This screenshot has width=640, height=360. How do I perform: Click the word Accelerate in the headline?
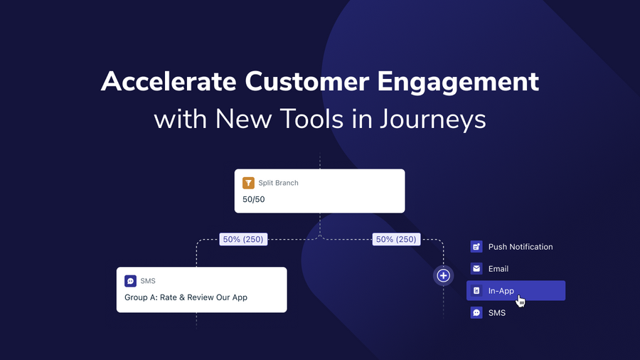pos(169,82)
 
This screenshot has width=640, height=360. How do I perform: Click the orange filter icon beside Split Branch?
pos(248,183)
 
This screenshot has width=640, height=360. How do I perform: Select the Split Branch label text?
pos(278,183)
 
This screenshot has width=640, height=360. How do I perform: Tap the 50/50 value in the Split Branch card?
pos(255,199)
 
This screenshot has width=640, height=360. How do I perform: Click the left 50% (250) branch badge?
pos(243,240)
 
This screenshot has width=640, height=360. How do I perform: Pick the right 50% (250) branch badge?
pos(395,240)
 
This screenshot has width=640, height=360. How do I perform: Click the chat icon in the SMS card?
pos(130,281)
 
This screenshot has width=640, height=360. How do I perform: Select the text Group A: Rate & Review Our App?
pos(186,297)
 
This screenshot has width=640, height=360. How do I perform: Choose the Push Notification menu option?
pos(520,247)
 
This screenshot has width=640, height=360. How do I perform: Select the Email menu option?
pos(498,269)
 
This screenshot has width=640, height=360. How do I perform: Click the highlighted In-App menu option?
pos(516,290)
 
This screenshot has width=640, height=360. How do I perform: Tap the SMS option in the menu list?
pos(496,313)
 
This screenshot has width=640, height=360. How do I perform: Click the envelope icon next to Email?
pos(476,269)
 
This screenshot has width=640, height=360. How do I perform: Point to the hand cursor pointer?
pos(521,301)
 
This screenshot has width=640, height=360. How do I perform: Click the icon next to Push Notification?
pos(476,247)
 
